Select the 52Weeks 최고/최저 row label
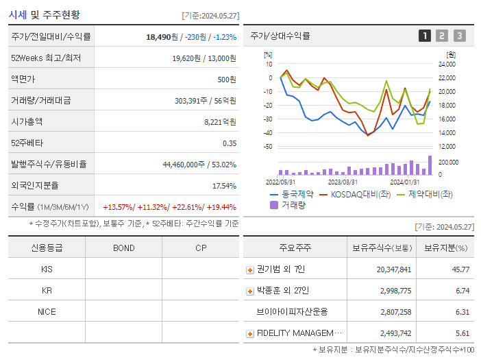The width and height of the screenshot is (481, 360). [x=47, y=58]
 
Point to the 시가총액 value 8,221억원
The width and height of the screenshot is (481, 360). [x=219, y=122]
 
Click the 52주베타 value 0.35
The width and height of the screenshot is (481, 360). [x=230, y=143]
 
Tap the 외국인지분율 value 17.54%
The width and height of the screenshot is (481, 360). [x=224, y=186]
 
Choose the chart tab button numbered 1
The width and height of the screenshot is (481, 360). [x=425, y=36]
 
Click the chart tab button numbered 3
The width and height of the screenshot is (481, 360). [x=459, y=36]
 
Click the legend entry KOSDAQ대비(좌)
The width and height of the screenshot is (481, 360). [x=356, y=194]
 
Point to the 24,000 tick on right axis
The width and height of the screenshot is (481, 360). [x=446, y=64]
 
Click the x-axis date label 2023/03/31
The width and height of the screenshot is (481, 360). [x=343, y=182]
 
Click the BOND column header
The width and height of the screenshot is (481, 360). [x=123, y=248]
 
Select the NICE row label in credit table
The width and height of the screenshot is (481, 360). [x=47, y=311]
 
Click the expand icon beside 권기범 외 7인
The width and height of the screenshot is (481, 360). [x=250, y=269]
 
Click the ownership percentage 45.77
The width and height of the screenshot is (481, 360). [x=460, y=269]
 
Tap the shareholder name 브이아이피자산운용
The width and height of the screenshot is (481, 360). [x=292, y=312]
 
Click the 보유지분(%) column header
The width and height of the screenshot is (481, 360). [x=445, y=248]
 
